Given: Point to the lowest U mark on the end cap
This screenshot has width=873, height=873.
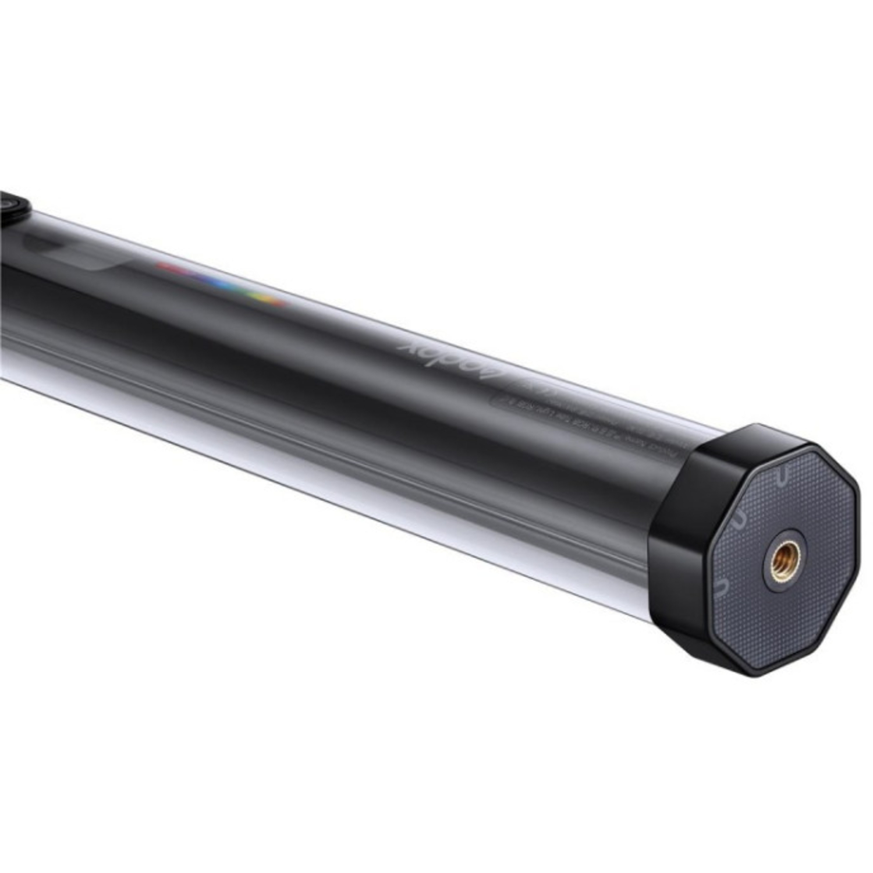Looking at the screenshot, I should (721, 587).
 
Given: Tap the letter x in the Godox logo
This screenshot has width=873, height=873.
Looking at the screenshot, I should (407, 344).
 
